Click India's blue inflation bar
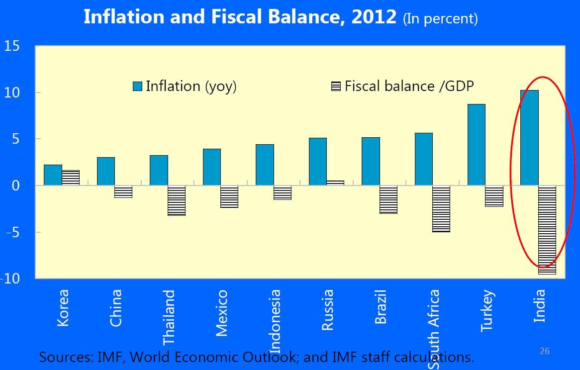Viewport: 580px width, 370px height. [x=529, y=138]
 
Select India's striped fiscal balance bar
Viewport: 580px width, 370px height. [x=547, y=230]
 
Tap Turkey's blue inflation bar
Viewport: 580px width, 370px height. [x=476, y=145]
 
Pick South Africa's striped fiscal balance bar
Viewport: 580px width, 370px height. [x=441, y=209]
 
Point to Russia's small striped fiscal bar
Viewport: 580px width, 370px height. [x=335, y=183]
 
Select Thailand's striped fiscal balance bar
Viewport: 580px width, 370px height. [x=177, y=200]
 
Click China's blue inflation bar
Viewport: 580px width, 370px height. [x=105, y=172]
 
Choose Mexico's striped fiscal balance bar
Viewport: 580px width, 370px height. [x=229, y=196]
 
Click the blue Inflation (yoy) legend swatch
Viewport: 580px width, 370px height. [x=138, y=87]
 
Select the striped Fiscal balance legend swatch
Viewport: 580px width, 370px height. [x=336, y=87]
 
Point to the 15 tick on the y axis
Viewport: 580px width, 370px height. [x=12, y=47]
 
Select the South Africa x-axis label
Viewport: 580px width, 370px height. [x=433, y=328]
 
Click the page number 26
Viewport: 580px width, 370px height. [x=545, y=351]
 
